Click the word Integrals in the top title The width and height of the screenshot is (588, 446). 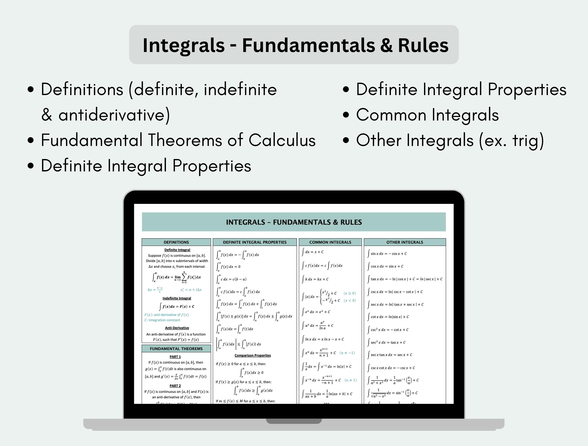(x=184, y=45)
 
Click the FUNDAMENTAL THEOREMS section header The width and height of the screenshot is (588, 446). (x=176, y=349)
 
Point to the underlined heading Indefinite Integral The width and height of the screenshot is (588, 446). (x=177, y=298)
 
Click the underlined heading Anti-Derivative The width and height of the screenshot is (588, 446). (x=177, y=328)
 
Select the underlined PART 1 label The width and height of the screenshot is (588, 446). (x=175, y=357)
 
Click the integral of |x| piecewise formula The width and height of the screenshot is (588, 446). (x=329, y=297)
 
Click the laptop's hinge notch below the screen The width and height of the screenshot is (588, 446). (x=294, y=421)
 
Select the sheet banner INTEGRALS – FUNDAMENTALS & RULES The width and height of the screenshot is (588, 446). (x=294, y=222)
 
